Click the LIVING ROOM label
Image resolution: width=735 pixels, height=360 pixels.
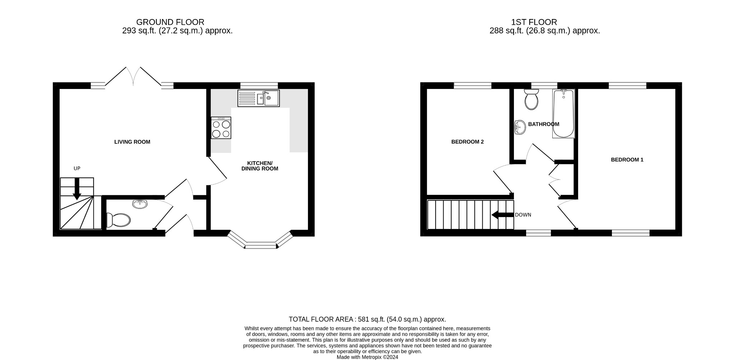coord(132,142)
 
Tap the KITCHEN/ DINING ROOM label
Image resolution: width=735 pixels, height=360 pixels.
coord(259,166)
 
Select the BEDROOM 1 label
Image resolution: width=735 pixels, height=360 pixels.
coord(627,160)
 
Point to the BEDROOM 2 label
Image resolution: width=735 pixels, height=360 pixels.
coord(467,142)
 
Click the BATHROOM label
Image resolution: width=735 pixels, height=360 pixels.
coord(543,124)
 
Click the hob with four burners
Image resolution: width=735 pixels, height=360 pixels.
coord(221,128)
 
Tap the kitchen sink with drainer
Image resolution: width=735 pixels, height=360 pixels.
coord(258,98)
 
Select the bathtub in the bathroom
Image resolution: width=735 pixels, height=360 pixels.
coord(563,113)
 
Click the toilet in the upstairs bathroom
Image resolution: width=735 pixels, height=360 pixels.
coord(531,99)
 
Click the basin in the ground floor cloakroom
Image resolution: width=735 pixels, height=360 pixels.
coord(140,204)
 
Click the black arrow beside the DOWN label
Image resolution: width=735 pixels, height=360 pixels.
coord(502,215)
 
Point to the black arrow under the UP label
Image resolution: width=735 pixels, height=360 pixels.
coord(77,189)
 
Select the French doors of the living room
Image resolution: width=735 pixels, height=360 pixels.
coord(133,77)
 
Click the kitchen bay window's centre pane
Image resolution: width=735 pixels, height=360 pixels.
coord(261,246)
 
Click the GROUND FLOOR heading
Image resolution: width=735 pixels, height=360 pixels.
coord(170,22)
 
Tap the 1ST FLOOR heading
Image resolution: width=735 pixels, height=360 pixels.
coord(534,22)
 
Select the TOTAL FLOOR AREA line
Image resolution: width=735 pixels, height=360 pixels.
coord(367,319)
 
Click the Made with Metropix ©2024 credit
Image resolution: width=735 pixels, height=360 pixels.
coord(367,357)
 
